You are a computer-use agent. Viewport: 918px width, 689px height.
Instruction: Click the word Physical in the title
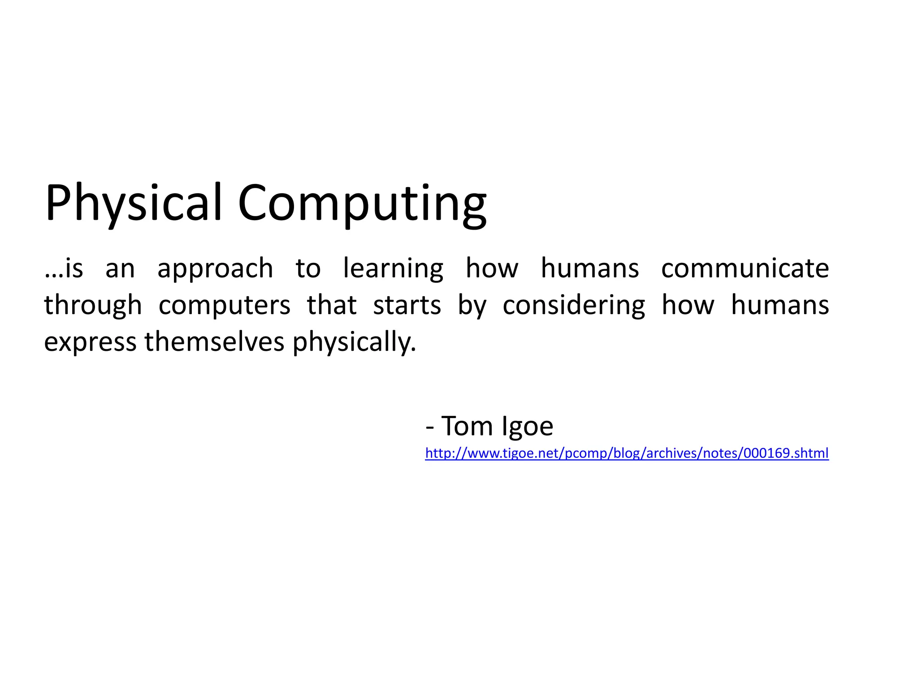[x=134, y=203]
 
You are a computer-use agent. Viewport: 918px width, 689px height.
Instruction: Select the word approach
[x=215, y=269]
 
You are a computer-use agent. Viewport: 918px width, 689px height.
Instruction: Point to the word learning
[x=393, y=269]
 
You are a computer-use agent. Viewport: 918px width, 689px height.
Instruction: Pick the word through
[x=93, y=306]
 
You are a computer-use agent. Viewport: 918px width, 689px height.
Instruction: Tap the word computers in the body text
[x=225, y=306]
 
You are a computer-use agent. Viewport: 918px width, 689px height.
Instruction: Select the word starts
[x=407, y=305]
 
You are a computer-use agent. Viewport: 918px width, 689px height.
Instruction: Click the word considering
[x=574, y=306]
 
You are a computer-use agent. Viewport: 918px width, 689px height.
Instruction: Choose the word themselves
[x=214, y=342]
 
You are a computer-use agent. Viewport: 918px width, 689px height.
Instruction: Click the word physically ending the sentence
[x=354, y=343]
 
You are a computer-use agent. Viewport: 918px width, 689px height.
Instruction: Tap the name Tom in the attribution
[x=467, y=426]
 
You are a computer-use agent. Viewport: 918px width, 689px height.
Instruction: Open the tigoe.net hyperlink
[x=627, y=453]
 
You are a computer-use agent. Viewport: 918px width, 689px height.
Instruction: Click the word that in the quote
[x=332, y=305]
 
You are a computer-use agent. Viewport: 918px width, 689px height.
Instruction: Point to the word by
[x=472, y=306]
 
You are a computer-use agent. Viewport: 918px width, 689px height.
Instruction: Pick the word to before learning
[x=308, y=269]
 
